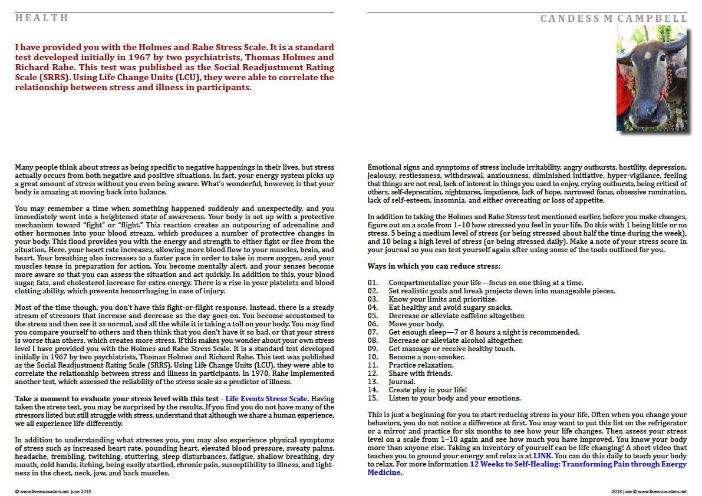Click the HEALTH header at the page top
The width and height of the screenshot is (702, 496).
[x=42, y=18]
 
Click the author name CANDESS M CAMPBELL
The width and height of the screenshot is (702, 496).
[x=614, y=19]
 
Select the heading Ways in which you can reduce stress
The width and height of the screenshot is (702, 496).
[x=434, y=266]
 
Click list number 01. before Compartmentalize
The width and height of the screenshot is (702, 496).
[x=373, y=283]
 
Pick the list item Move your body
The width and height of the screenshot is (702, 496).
[x=416, y=324]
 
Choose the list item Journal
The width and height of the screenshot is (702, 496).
[x=403, y=382]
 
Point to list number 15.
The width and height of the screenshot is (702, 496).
[x=373, y=398]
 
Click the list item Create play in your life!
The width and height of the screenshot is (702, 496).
[x=428, y=390]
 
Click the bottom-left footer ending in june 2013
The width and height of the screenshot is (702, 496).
[x=53, y=491]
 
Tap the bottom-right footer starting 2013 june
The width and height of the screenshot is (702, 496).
[x=649, y=491]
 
